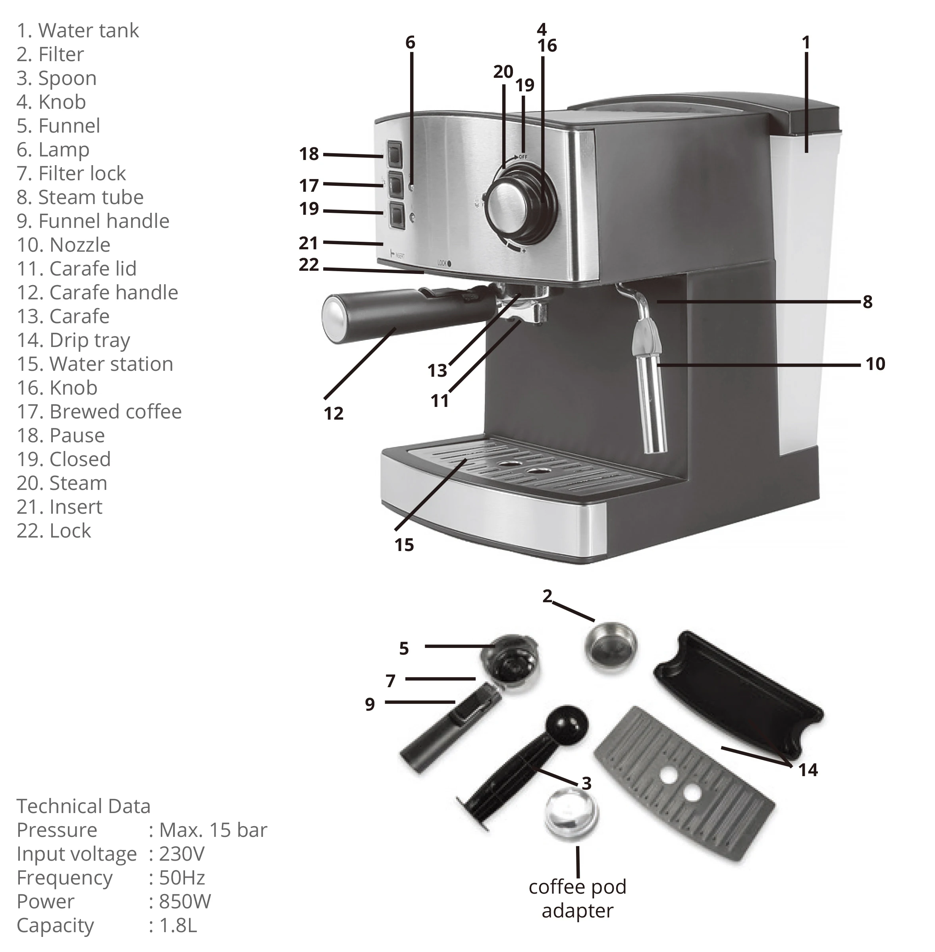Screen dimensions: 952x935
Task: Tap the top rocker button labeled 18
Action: click(394, 156)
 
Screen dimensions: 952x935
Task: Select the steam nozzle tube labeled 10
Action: click(651, 403)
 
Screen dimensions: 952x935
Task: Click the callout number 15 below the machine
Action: click(404, 545)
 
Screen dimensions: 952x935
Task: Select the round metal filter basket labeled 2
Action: click(610, 645)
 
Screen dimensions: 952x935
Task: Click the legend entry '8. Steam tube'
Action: click(80, 197)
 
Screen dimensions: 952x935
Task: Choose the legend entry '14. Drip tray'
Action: click(74, 340)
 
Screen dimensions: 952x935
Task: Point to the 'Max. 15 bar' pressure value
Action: click(213, 830)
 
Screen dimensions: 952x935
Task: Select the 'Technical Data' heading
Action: click(83, 806)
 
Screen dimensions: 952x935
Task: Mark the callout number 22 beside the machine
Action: click(309, 265)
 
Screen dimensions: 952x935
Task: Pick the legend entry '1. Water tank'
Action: click(77, 31)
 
